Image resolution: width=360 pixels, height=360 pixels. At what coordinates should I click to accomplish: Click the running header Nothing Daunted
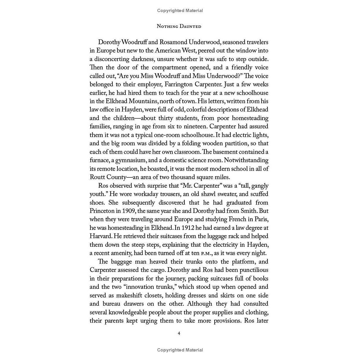pos(179,26)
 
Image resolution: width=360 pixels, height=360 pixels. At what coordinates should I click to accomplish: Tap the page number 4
pos(179,333)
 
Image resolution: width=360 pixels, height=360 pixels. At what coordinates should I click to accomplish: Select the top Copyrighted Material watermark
pos(180,11)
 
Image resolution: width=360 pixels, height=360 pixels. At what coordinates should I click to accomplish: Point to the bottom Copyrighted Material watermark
pos(180,350)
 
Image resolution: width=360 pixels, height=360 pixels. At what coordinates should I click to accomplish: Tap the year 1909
pos(128,211)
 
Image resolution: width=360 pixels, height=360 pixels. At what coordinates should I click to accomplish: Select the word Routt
pos(97,177)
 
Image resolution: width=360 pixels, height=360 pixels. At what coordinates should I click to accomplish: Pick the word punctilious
pos(254,270)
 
